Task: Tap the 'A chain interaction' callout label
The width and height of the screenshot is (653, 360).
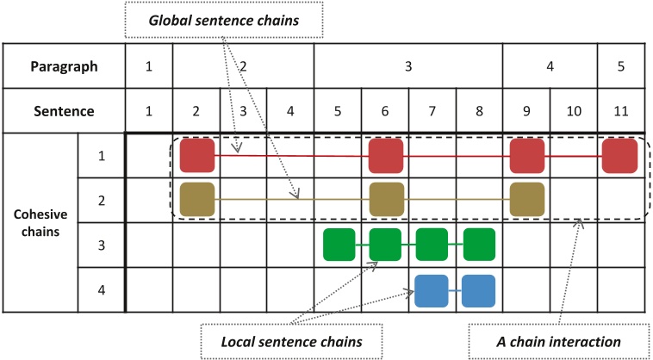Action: pyautogui.click(x=559, y=342)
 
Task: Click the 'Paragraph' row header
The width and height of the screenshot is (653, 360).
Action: pyautogui.click(x=63, y=66)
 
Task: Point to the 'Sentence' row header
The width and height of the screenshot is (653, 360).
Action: pyautogui.click(x=63, y=111)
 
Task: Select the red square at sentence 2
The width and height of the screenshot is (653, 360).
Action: pyautogui.click(x=196, y=156)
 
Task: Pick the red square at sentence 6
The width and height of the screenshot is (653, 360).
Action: pyautogui.click(x=385, y=156)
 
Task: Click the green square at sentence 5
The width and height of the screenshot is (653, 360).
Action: pyautogui.click(x=339, y=245)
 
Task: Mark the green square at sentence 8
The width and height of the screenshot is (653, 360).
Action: pyautogui.click(x=479, y=245)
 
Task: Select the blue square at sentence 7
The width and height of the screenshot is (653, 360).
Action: pyautogui.click(x=432, y=290)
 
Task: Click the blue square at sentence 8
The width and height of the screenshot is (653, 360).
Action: pyautogui.click(x=479, y=290)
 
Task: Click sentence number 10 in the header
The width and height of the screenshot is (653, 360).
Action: pyautogui.click(x=574, y=111)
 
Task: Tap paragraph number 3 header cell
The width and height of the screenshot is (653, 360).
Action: pyautogui.click(x=408, y=66)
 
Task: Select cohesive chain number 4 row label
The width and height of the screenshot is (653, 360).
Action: pyautogui.click(x=102, y=290)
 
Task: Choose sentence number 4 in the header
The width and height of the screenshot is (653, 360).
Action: pyautogui.click(x=290, y=111)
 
